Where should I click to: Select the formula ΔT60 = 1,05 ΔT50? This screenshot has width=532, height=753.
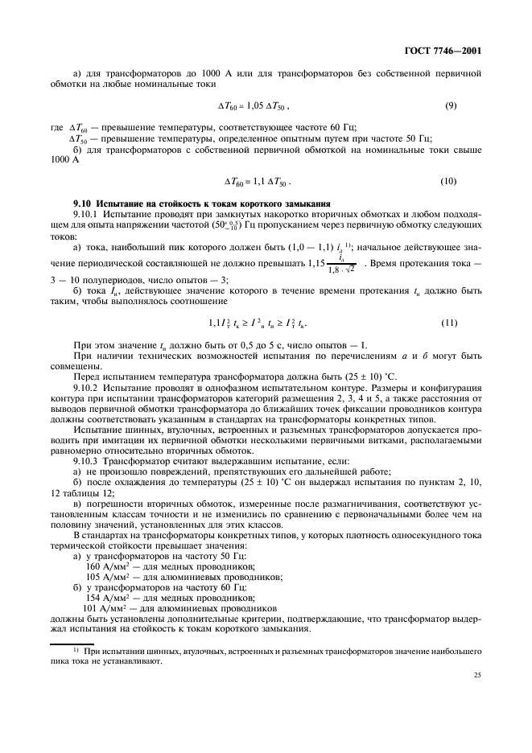pos(254,105)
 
